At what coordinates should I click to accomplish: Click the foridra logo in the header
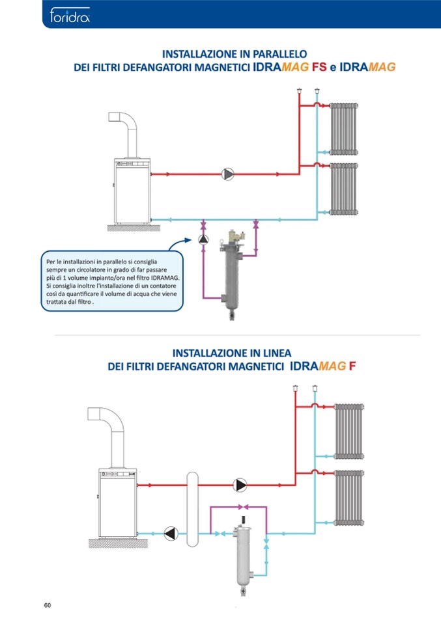pyautogui.click(x=70, y=16)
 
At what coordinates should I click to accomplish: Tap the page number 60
pyautogui.click(x=48, y=605)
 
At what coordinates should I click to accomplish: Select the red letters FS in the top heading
pyautogui.click(x=319, y=67)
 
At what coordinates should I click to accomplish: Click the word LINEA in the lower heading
pyautogui.click(x=277, y=353)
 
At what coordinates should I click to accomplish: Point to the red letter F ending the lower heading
pyautogui.click(x=352, y=366)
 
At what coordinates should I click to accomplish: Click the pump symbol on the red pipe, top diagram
pyautogui.click(x=227, y=174)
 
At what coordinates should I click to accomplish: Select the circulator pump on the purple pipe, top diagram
pyautogui.click(x=203, y=239)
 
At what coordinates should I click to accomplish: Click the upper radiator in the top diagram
pyautogui.click(x=344, y=129)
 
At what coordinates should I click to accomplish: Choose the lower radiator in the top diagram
pyautogui.click(x=344, y=189)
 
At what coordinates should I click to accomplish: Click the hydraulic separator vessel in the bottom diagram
pyautogui.click(x=192, y=509)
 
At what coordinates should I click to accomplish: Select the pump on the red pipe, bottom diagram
pyautogui.click(x=240, y=485)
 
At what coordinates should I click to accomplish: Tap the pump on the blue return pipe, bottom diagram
pyautogui.click(x=171, y=534)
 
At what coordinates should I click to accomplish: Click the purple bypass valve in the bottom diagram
pyautogui.click(x=243, y=507)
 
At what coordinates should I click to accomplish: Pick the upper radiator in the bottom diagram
pyautogui.click(x=349, y=431)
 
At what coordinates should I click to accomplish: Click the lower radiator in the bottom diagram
pyautogui.click(x=349, y=498)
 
